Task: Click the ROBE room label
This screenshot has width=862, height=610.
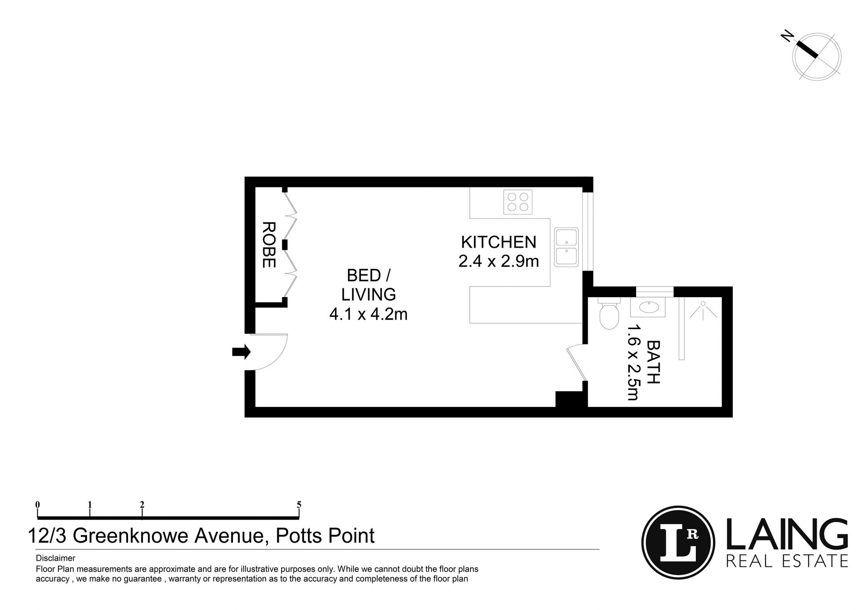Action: click(268, 245)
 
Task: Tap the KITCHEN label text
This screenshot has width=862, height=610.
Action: click(498, 242)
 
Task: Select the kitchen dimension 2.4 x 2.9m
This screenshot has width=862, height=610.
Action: click(498, 261)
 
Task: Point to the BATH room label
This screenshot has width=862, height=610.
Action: click(653, 362)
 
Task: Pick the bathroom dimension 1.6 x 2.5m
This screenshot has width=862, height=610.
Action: click(633, 362)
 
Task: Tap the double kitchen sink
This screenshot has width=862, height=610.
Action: click(567, 247)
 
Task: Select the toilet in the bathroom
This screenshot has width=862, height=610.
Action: click(609, 313)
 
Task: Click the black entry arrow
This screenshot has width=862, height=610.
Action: click(241, 352)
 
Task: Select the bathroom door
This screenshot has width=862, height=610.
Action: click(576, 362)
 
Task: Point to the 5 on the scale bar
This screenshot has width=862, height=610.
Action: click(299, 504)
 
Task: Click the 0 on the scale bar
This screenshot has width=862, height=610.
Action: click(38, 504)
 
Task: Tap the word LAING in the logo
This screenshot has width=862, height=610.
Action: click(787, 534)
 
